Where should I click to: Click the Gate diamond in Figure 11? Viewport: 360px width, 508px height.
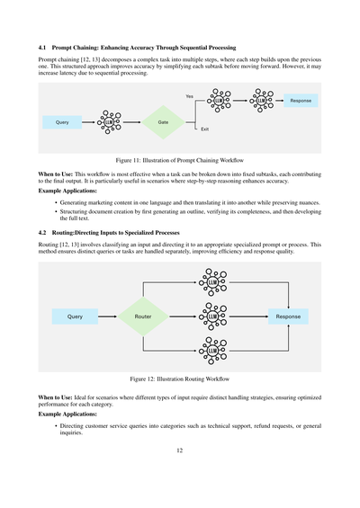coord(163,121)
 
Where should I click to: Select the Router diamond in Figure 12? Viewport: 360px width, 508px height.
coord(143,316)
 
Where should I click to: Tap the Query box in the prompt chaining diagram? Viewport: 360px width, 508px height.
coord(62,121)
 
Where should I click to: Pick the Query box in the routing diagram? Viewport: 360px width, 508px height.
coord(76,316)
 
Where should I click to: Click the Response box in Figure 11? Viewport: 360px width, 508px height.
coord(301,101)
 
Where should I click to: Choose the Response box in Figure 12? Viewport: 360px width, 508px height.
coord(288,316)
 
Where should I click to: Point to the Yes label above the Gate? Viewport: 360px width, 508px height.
coord(189,95)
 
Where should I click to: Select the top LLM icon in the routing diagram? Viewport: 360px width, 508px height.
coord(212,285)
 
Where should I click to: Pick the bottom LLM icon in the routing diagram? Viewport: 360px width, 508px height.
coord(212,349)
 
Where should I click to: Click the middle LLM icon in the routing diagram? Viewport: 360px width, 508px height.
coord(212,316)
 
